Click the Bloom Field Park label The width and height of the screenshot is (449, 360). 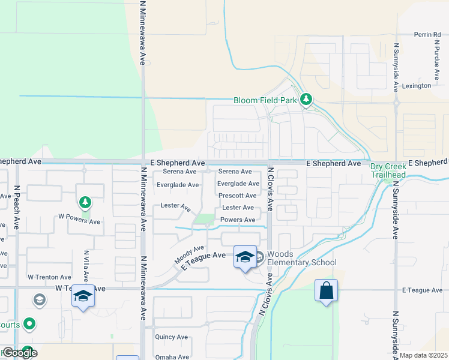tap(265, 100)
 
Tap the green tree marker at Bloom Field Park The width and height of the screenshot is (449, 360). tap(307, 99)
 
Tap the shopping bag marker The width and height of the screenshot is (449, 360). tap(326, 291)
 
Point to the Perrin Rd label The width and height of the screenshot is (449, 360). tap(427, 35)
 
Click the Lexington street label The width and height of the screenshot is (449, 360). tap(417, 86)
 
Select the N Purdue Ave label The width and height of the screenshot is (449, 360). tap(436, 61)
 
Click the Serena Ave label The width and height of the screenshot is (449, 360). tap(235, 172)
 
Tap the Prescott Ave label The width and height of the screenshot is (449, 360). tap(237, 196)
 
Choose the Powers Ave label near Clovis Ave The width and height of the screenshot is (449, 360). tap(238, 220)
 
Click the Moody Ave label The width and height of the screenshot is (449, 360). tap(190, 254)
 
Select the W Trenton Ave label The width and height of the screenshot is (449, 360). tap(49, 277)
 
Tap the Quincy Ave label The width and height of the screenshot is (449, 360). tap(171, 337)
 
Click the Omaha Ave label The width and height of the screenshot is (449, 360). tap(171, 356)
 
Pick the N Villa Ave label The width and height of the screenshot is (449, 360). tap(87, 266)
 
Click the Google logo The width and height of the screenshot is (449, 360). tap(19, 353)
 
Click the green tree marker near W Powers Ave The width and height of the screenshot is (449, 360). tap(85, 202)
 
